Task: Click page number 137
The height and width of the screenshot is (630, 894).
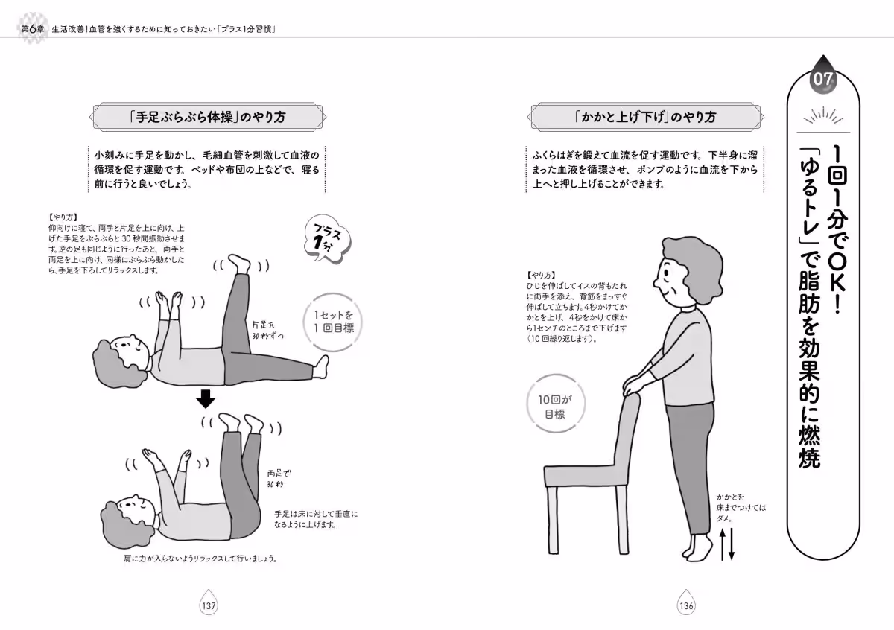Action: click(208, 605)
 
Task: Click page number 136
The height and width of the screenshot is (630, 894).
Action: click(685, 605)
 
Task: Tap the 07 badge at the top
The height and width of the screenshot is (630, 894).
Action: click(823, 79)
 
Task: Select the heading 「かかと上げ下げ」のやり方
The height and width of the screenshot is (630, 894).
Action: click(645, 118)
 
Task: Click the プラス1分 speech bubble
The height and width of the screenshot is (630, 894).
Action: click(327, 241)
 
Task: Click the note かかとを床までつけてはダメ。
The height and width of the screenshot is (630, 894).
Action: click(741, 507)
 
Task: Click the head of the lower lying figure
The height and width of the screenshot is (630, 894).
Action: click(127, 512)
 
